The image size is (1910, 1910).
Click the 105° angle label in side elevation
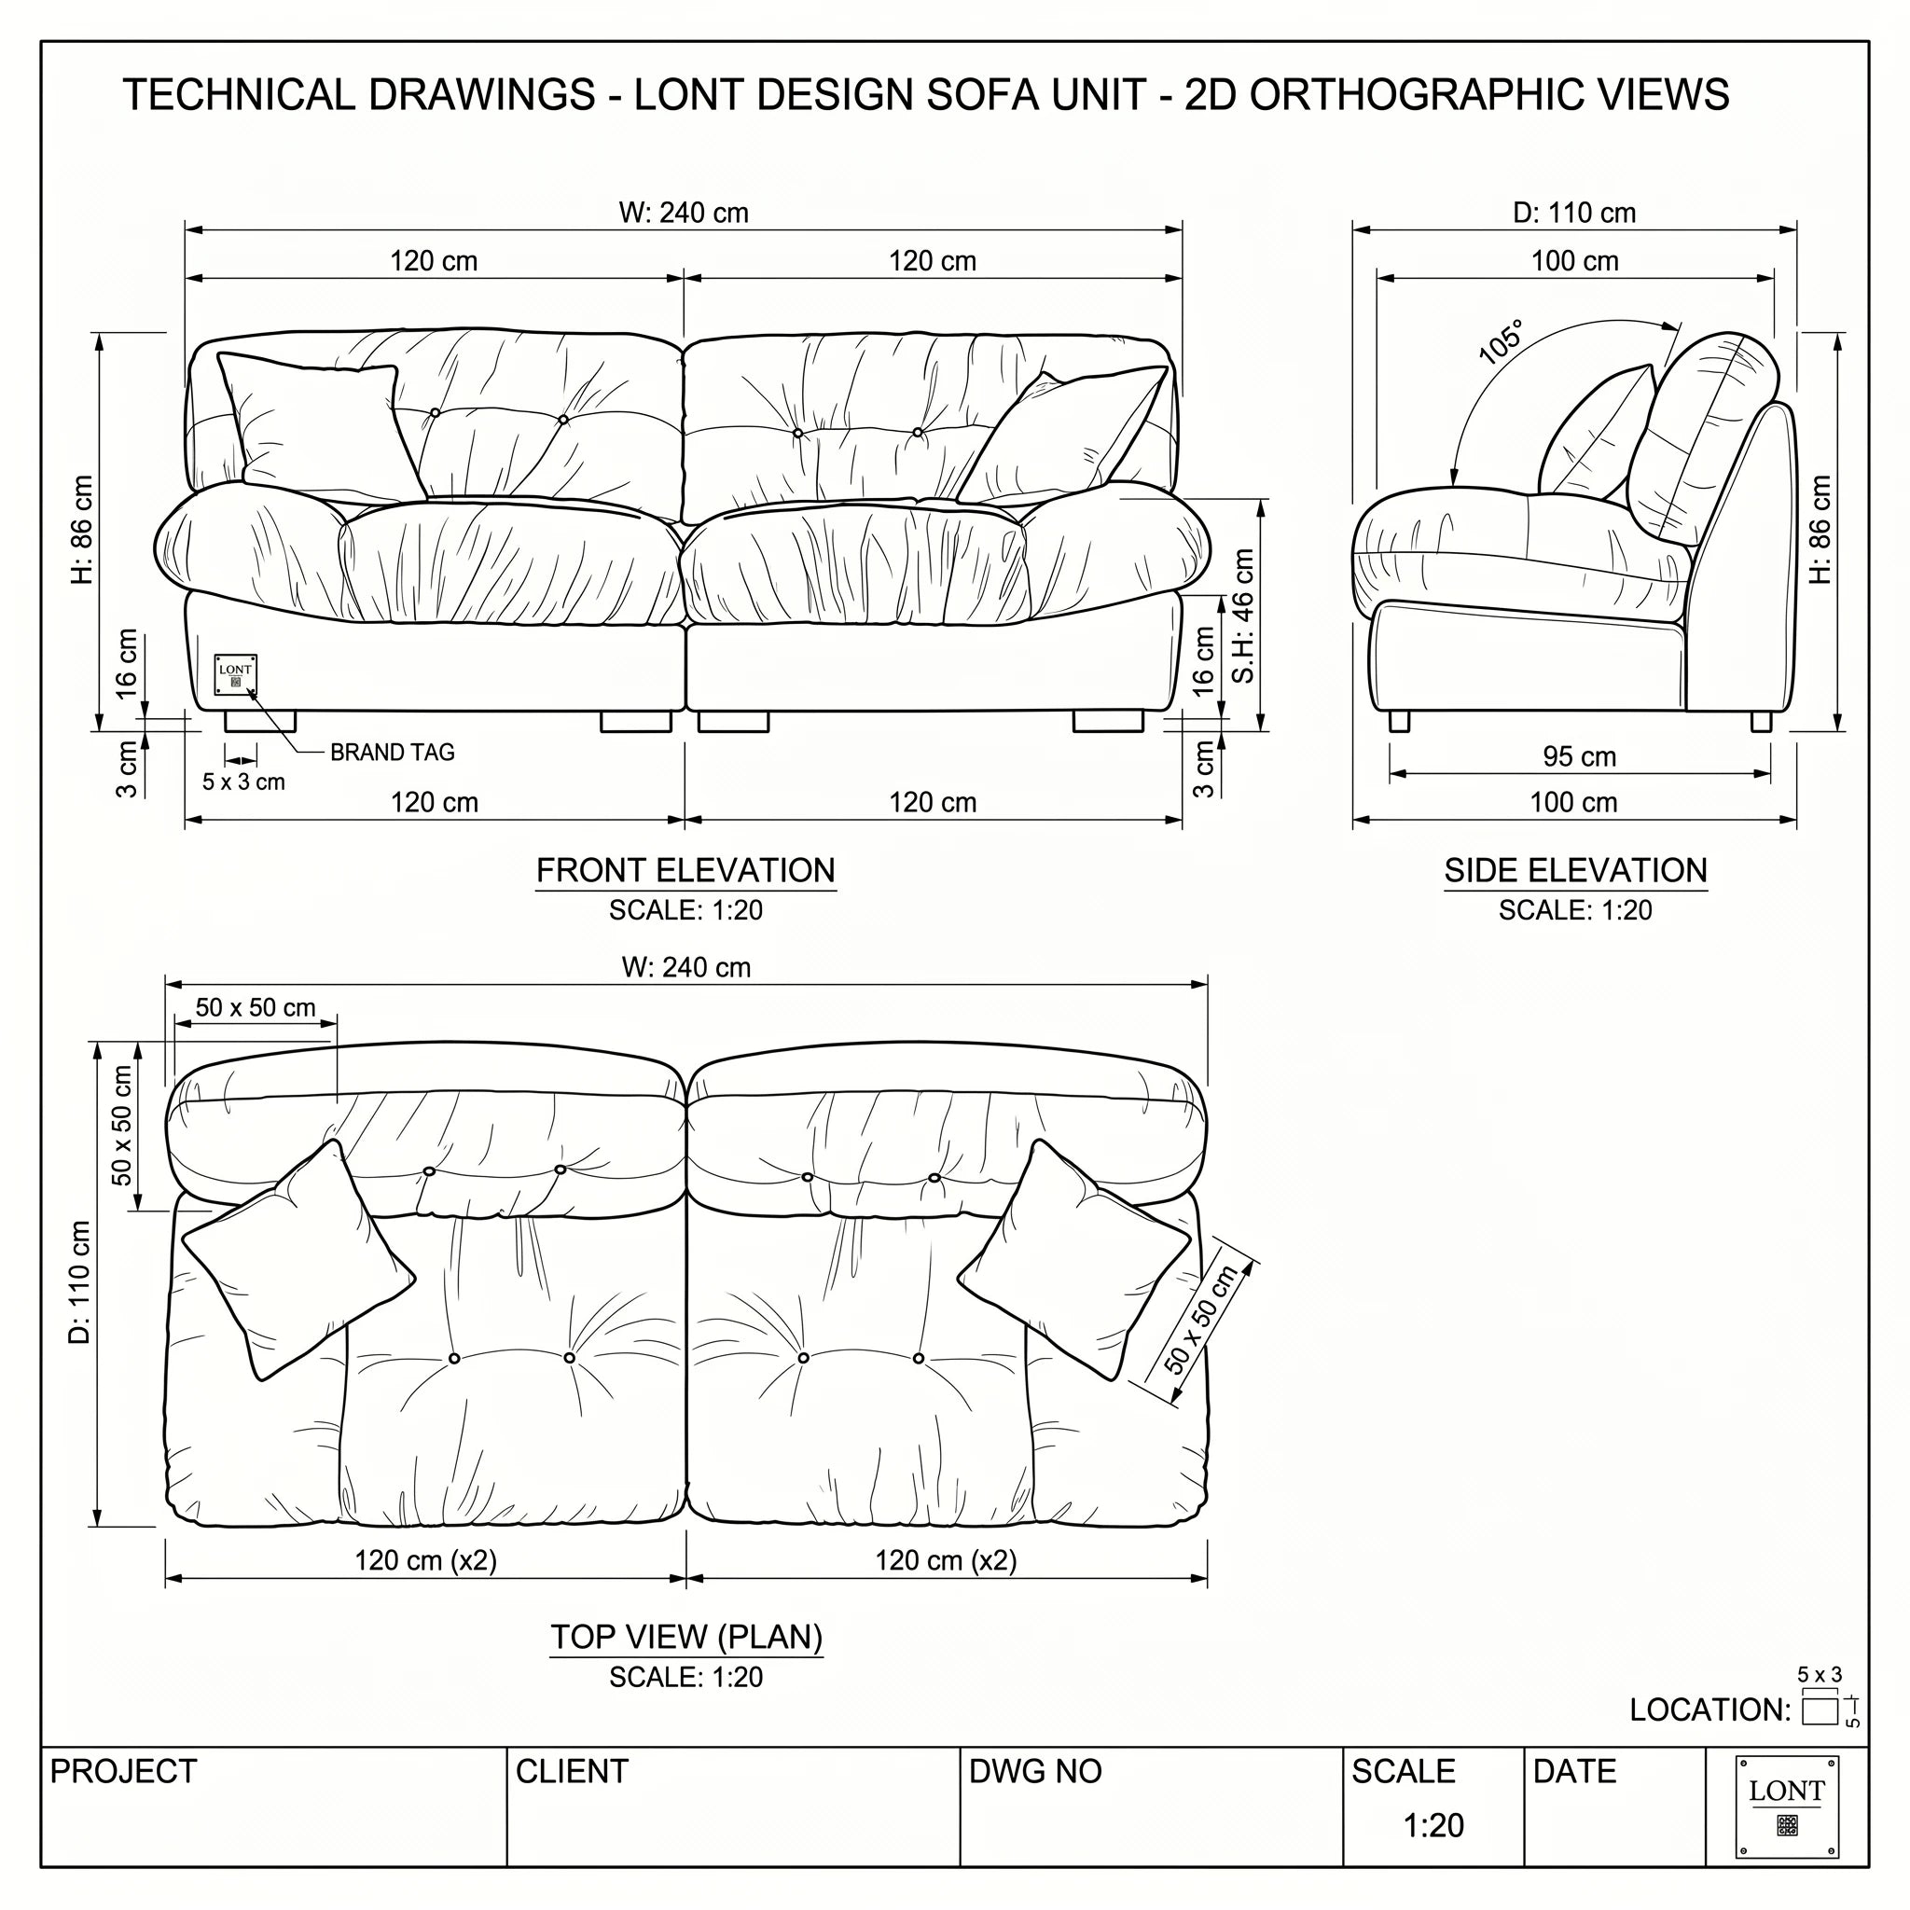pyautogui.click(x=1501, y=341)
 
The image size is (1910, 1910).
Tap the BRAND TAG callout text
pyautogui.click(x=393, y=753)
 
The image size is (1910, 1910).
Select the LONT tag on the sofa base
pyautogui.click(x=235, y=674)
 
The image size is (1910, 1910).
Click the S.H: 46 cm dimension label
pyautogui.click(x=1242, y=616)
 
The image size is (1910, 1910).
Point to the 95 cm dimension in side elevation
pyautogui.click(x=1579, y=756)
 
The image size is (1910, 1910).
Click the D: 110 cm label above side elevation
pyautogui.click(x=1574, y=213)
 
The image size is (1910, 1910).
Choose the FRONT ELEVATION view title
pyautogui.click(x=685, y=870)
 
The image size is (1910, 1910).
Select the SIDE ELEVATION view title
pyautogui.click(x=1575, y=870)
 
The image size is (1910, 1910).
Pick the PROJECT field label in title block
pyautogui.click(x=124, y=1772)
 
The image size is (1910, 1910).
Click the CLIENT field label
pyautogui.click(x=572, y=1772)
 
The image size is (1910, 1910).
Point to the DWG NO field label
pyautogui.click(x=1035, y=1772)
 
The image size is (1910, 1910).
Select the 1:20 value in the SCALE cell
pyautogui.click(x=1432, y=1825)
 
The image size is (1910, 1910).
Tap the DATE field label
pyautogui.click(x=1574, y=1772)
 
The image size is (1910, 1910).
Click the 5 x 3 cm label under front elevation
pyautogui.click(x=243, y=782)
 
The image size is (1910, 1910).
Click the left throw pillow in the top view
pyautogui.click(x=298, y=1261)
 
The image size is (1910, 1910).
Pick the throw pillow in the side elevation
pyautogui.click(x=1596, y=431)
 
